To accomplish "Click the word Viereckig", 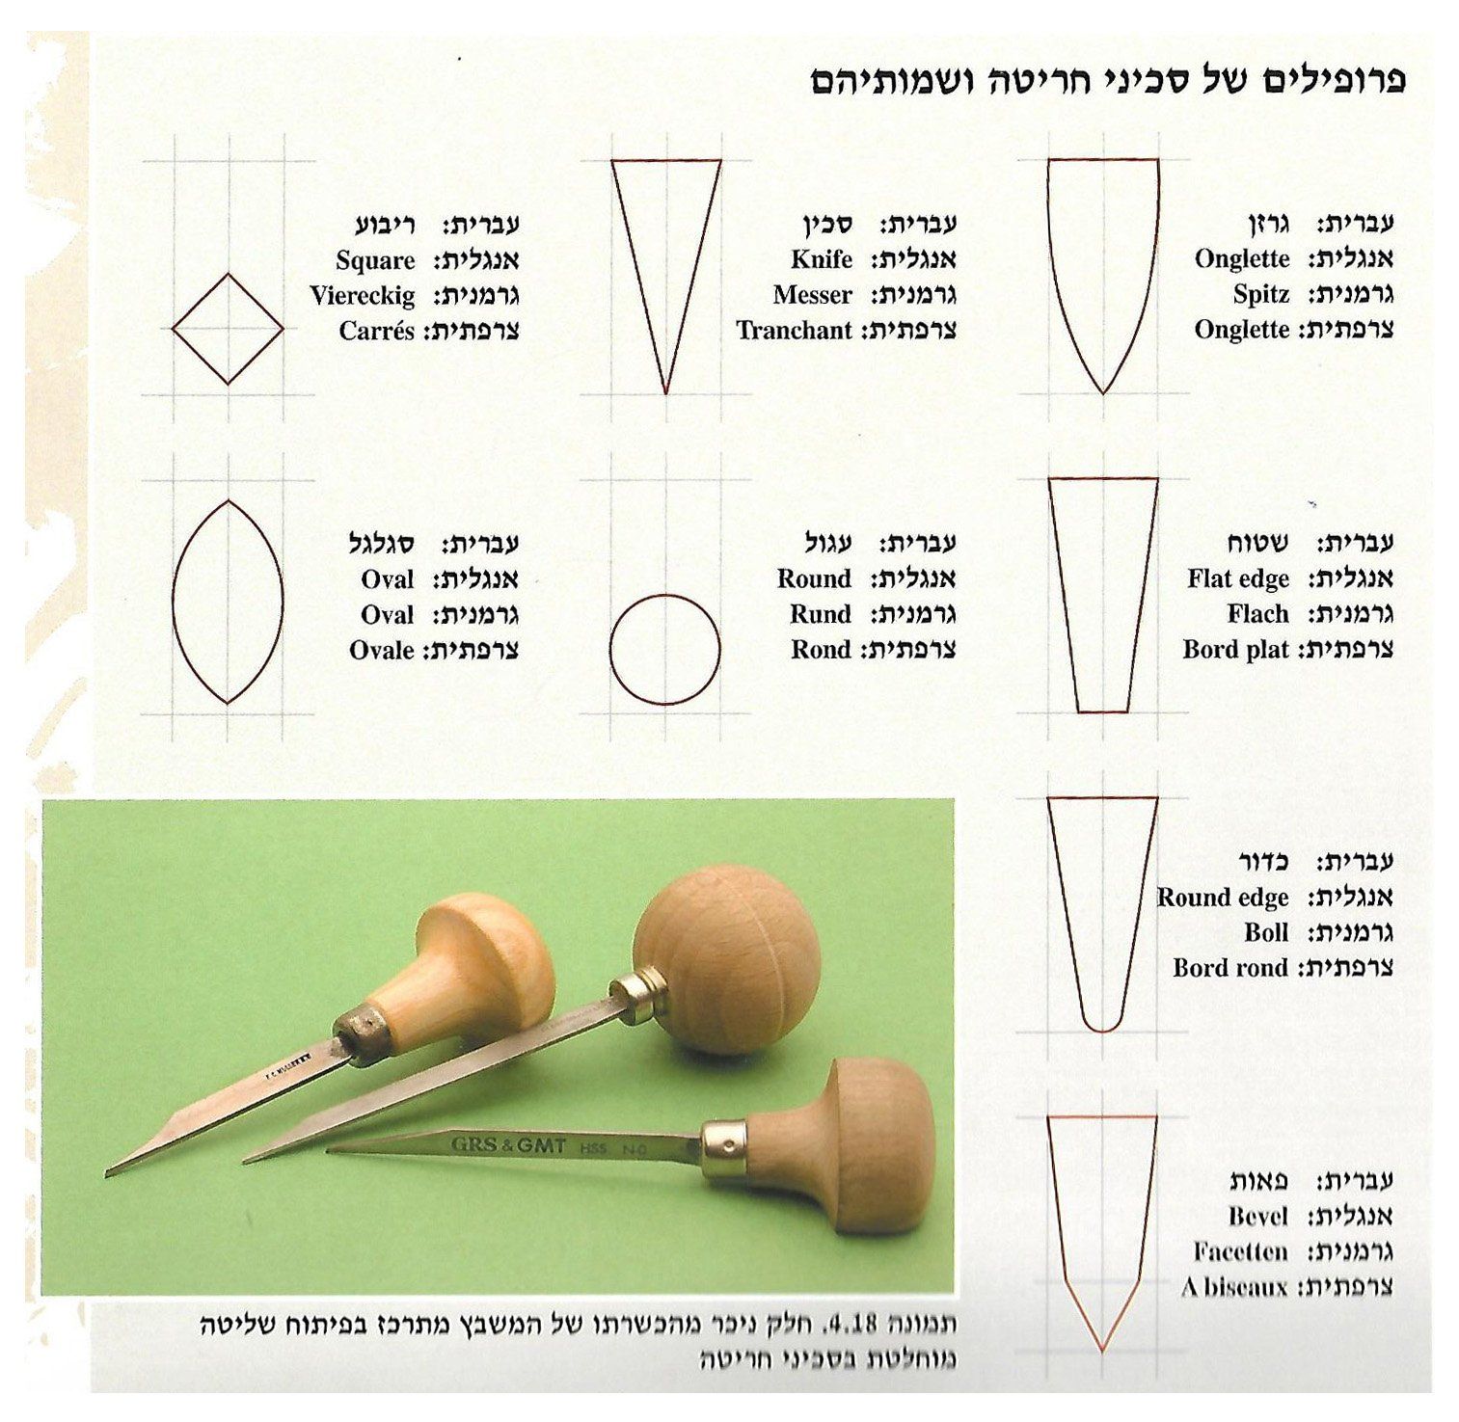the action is (x=363, y=297).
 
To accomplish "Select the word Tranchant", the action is (x=795, y=331).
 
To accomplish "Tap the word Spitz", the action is (x=1261, y=295).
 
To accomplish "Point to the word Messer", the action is (x=813, y=295).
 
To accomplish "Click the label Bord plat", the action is (x=1236, y=649).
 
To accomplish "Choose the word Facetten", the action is (x=1241, y=1251).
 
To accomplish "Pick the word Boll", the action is (x=1266, y=932).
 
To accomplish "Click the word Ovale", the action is (x=382, y=651).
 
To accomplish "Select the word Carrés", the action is (x=377, y=332).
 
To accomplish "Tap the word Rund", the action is (x=821, y=614).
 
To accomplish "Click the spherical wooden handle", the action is (x=727, y=959).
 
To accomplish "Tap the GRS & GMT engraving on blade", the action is (x=508, y=1144).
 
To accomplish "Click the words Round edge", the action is (x=1223, y=898).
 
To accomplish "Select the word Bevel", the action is (x=1258, y=1216).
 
